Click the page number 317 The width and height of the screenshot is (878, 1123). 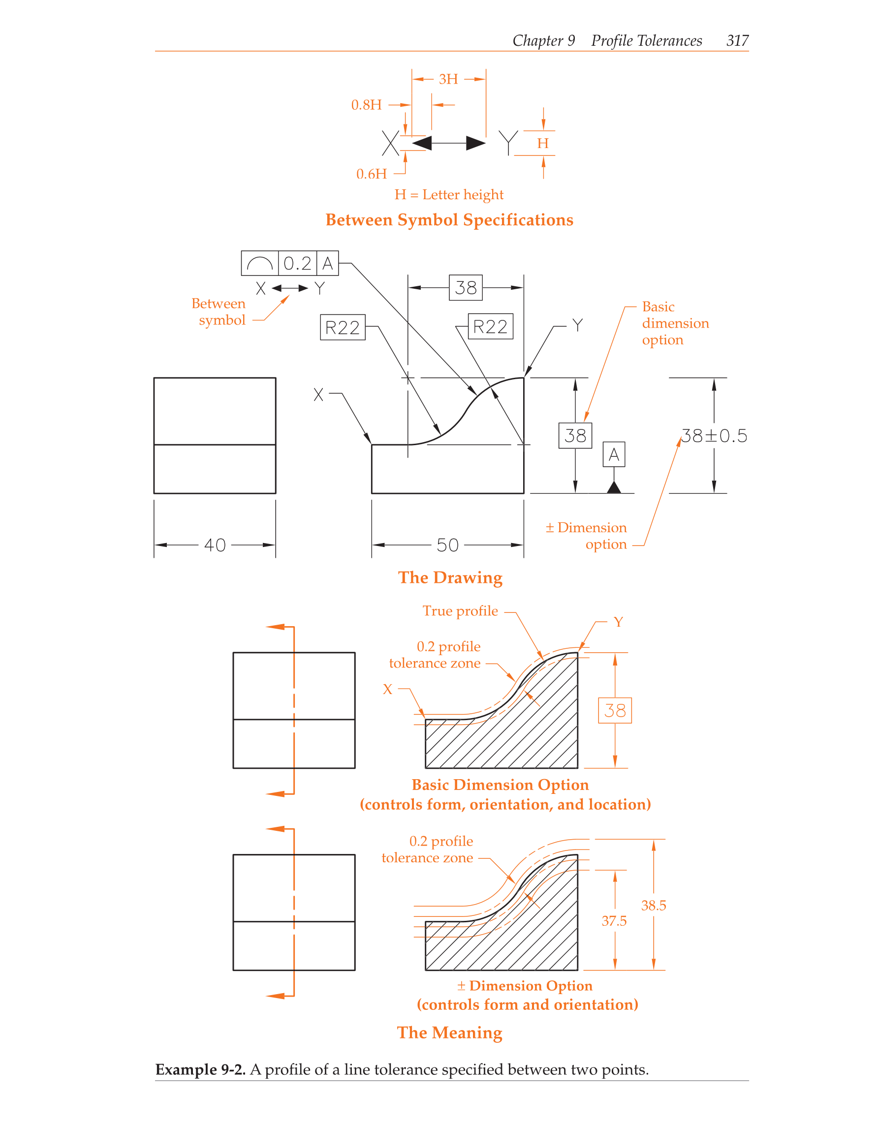coord(737,41)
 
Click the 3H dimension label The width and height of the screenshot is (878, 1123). coord(448,79)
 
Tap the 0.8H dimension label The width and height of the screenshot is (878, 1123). coord(366,105)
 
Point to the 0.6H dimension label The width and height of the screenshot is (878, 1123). coord(372,174)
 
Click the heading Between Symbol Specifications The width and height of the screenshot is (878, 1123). coord(449,220)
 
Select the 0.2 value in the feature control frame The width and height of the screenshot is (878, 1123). coord(297,264)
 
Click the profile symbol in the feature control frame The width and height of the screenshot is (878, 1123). coord(260,264)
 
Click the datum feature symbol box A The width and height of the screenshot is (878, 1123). coord(614,455)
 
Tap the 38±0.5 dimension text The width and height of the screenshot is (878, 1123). coord(714,436)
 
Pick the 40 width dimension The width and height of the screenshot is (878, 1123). coord(215,545)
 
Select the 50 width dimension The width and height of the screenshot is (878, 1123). coord(447,545)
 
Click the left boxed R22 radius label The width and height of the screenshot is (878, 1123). coord(343,328)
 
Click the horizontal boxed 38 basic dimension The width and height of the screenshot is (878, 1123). coord(466,288)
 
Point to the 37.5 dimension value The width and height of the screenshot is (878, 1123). coord(614,921)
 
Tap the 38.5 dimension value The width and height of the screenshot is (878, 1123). coord(653,906)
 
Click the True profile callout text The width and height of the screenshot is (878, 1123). coord(460,611)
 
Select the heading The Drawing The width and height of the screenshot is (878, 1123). coord(450,577)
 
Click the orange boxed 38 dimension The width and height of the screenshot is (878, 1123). coord(615,711)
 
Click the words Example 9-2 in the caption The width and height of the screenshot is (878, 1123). coord(200,1069)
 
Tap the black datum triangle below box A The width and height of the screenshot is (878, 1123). coord(614,487)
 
